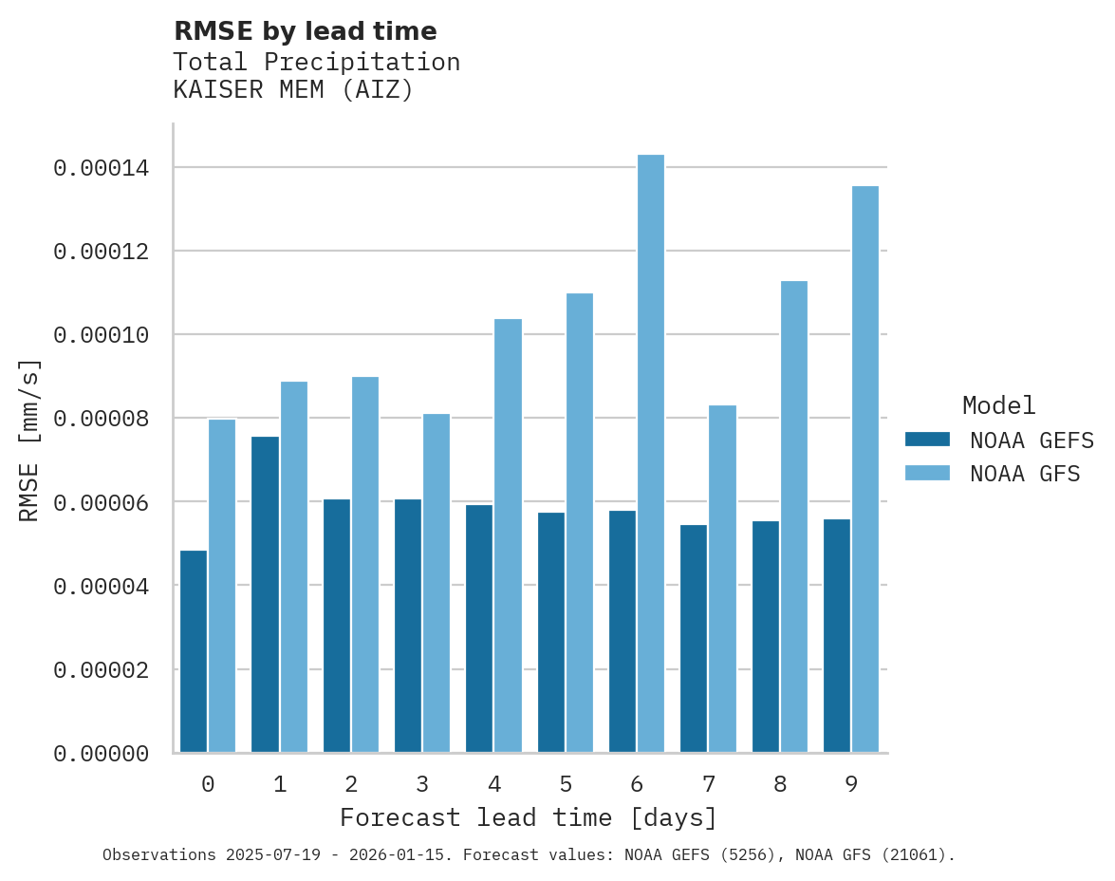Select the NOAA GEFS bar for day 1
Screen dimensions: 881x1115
(x=266, y=594)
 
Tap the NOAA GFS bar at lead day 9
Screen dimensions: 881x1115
(x=865, y=469)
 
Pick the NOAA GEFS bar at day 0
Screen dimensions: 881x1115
(x=194, y=651)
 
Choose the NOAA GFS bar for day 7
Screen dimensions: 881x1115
(x=722, y=579)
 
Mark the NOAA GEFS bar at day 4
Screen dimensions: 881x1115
(x=479, y=628)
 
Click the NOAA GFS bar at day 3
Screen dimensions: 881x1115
(x=437, y=583)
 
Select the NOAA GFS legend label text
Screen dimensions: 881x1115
(x=1025, y=474)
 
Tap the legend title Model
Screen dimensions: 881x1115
(x=998, y=405)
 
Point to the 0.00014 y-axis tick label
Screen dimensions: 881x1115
(x=101, y=169)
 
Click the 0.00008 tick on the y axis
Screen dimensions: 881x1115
(x=101, y=420)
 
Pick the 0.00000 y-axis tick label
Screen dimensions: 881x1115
(x=101, y=754)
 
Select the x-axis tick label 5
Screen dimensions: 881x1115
(x=566, y=784)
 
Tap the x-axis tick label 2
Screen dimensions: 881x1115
(x=351, y=784)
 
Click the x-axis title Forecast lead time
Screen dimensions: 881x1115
(x=529, y=817)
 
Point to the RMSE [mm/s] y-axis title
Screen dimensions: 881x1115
(x=29, y=440)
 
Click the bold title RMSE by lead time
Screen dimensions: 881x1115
(x=306, y=31)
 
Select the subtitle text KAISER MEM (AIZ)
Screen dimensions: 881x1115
(x=293, y=90)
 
